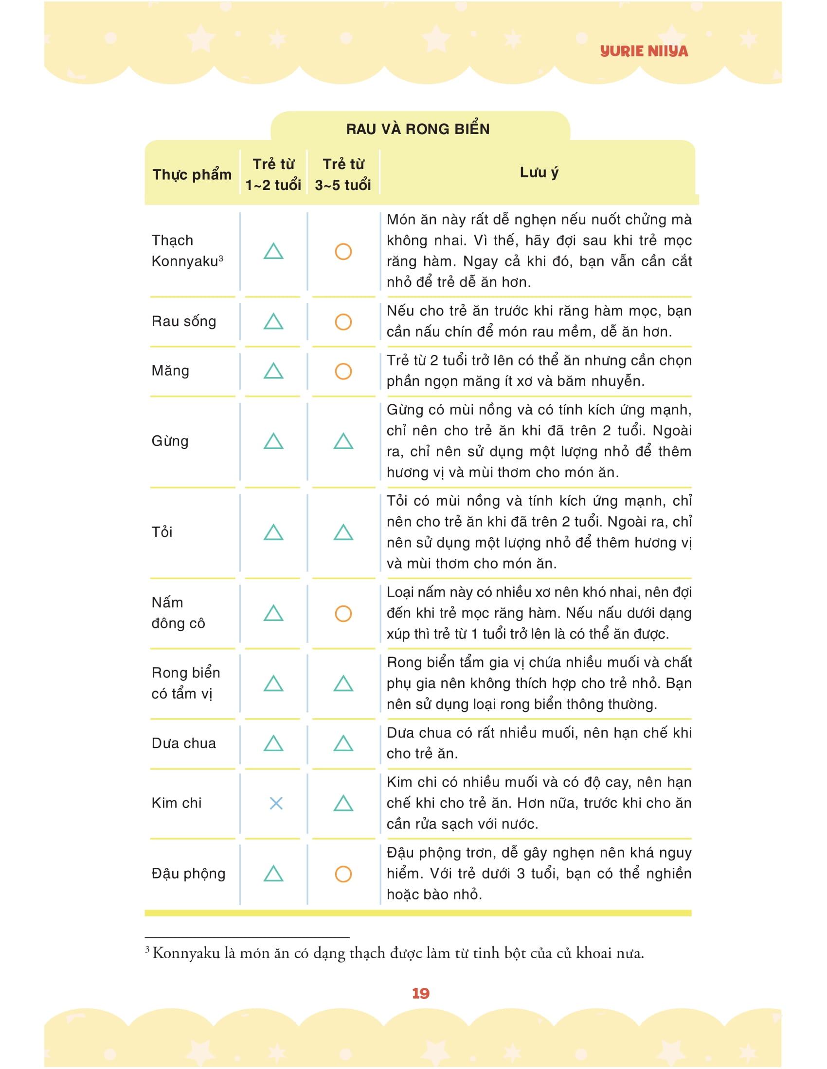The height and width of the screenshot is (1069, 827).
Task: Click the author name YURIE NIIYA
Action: [x=643, y=52]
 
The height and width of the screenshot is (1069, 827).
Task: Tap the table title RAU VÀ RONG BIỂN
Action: [x=417, y=129]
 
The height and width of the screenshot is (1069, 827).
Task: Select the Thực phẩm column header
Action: [x=192, y=174]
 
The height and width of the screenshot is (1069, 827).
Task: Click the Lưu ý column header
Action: [x=539, y=172]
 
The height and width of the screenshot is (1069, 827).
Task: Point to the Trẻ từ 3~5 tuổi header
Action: [x=343, y=174]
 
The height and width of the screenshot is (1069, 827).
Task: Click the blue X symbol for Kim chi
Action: [x=276, y=803]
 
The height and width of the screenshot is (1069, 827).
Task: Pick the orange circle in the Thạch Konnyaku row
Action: [x=343, y=252]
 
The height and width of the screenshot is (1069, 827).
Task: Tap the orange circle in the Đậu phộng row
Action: [x=343, y=874]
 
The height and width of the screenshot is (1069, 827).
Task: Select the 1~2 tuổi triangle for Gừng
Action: [x=273, y=442]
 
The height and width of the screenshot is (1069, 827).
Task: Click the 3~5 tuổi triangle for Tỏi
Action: [x=343, y=533]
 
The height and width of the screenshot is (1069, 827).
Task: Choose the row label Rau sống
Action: [x=184, y=322]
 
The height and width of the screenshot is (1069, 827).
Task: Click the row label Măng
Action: [x=170, y=371]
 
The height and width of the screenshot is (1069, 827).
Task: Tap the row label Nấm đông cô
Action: [x=178, y=613]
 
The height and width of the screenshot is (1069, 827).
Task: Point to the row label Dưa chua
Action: [x=184, y=743]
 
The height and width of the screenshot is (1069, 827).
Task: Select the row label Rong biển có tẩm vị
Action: [x=186, y=683]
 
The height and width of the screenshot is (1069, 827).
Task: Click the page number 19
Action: [x=420, y=993]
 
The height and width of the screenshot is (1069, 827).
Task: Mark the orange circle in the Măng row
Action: [x=343, y=371]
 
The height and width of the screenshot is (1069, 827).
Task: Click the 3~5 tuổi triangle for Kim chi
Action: [x=343, y=803]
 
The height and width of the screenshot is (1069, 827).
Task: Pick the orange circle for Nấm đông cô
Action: [x=343, y=613]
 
